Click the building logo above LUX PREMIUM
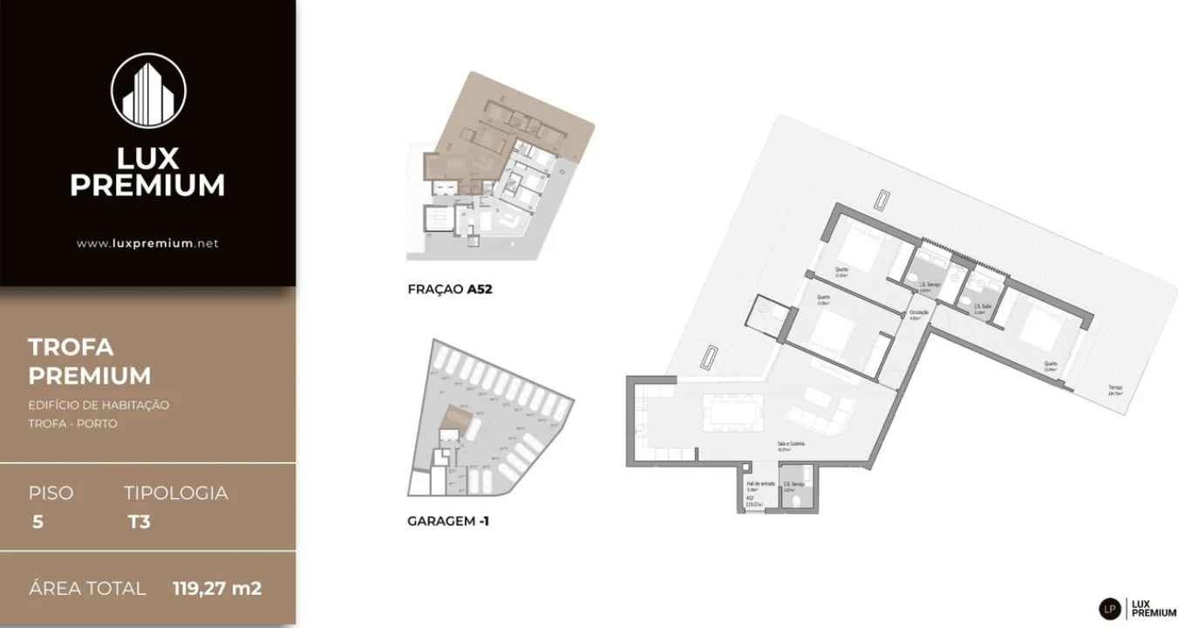[148, 90]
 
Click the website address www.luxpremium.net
[147, 243]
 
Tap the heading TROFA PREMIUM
[89, 361]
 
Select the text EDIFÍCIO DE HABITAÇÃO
[99, 405]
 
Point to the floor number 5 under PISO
[37, 522]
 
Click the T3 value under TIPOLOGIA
[139, 522]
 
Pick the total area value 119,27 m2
[217, 588]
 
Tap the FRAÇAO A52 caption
[450, 289]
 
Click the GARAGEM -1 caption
[448, 521]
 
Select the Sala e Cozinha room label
[791, 444]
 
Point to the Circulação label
[919, 312]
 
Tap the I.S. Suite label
[982, 306]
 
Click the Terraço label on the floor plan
[1115, 387]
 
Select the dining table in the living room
[732, 411]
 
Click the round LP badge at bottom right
[1109, 608]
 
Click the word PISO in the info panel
[51, 493]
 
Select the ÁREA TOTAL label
[87, 588]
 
